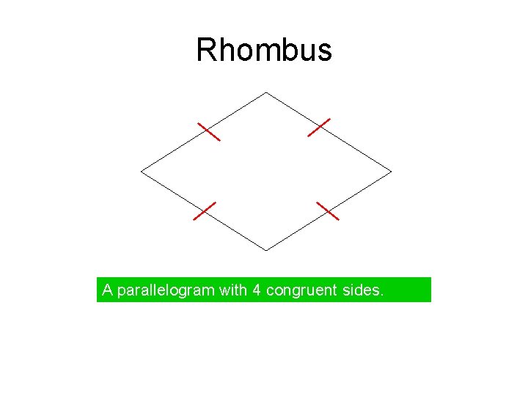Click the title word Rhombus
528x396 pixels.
click(x=264, y=51)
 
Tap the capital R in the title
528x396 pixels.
click(x=206, y=51)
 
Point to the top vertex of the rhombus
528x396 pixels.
click(x=266, y=92)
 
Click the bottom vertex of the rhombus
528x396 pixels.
click(x=266, y=251)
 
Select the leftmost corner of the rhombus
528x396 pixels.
click(x=141, y=172)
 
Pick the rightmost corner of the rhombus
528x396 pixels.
click(x=392, y=172)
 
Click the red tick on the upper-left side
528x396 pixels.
click(x=209, y=131)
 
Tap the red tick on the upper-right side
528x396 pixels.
click(x=319, y=127)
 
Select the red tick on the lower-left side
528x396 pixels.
click(x=205, y=210)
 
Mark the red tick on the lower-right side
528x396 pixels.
click(x=328, y=211)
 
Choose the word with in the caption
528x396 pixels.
click(x=233, y=290)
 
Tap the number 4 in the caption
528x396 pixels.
click(x=257, y=290)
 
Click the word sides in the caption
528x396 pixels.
click(x=362, y=290)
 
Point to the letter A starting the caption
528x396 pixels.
click(x=107, y=290)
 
